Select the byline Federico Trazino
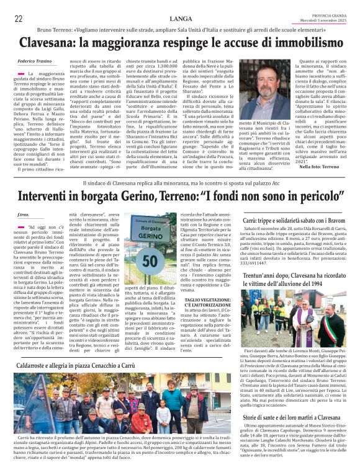coord(35,61)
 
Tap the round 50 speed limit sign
coord(150,260)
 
